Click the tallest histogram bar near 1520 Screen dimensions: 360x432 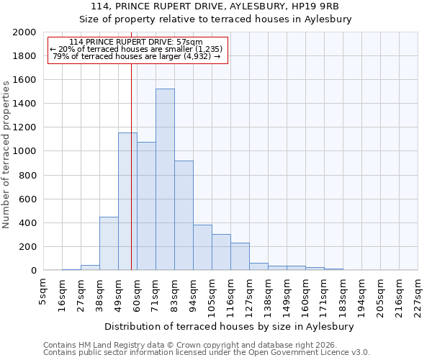pos(165,180)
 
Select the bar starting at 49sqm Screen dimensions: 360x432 pos(127,202)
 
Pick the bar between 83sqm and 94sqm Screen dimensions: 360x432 pos(184,216)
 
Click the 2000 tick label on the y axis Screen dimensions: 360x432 pos(24,32)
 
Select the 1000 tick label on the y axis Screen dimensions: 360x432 pos(24,152)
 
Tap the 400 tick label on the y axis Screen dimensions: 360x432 pos(27,223)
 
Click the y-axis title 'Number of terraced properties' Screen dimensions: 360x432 pos(6,154)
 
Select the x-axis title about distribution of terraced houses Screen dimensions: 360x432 pos(229,327)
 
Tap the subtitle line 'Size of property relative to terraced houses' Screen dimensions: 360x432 pos(215,19)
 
